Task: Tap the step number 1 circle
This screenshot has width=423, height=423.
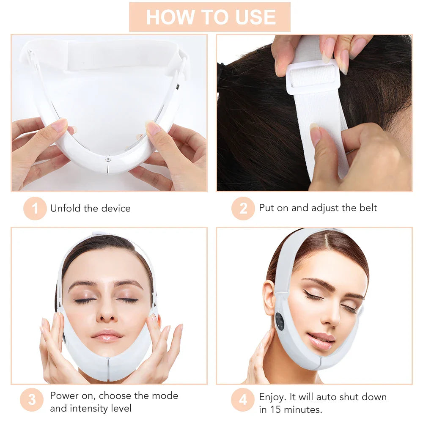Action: (x=35, y=209)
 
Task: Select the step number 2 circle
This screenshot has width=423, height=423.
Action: (x=243, y=209)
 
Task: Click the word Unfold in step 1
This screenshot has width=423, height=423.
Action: (x=65, y=208)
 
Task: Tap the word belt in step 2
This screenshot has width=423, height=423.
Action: (x=367, y=208)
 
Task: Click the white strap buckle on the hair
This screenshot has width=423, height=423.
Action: (x=313, y=76)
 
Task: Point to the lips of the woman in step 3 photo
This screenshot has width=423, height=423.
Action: (x=107, y=335)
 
